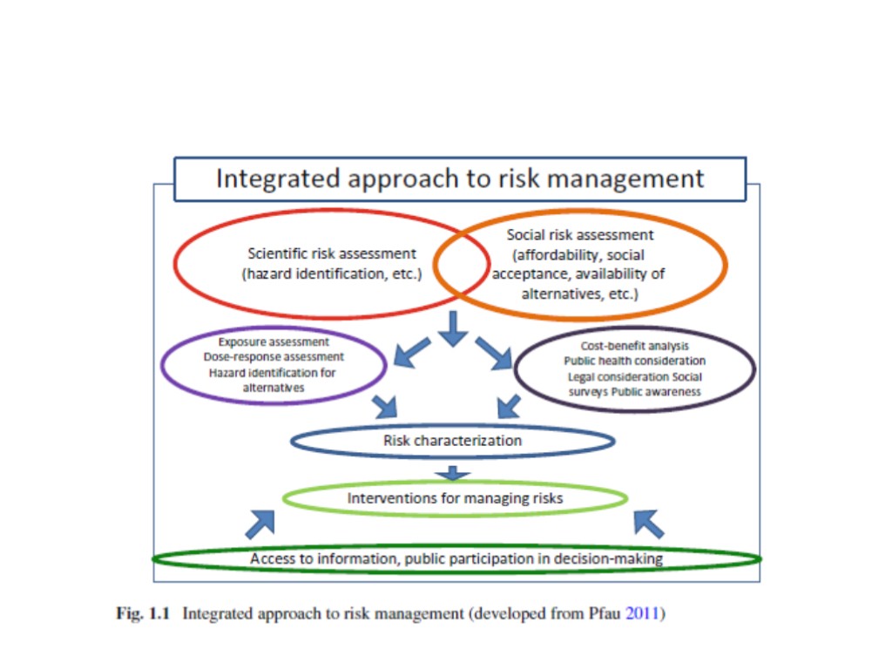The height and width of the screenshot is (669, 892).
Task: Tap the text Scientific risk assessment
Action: tap(332, 254)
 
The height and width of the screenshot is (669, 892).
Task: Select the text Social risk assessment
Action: tap(580, 235)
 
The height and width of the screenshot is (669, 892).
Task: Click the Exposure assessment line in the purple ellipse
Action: tap(274, 343)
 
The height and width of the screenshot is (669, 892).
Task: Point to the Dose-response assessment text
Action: tap(274, 357)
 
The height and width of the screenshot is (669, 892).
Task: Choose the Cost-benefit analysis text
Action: tap(634, 346)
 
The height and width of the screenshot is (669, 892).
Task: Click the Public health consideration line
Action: tap(634, 361)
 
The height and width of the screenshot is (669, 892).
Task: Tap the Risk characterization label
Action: tap(452, 441)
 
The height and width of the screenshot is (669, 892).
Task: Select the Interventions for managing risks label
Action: tap(455, 499)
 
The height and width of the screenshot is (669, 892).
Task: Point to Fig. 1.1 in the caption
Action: tap(143, 614)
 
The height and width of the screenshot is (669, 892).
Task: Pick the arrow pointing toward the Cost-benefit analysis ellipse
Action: tap(494, 353)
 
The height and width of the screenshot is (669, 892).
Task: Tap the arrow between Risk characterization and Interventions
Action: tap(453, 474)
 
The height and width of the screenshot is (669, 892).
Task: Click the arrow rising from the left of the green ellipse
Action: tap(260, 524)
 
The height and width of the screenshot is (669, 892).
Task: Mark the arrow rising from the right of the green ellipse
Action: tap(648, 524)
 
